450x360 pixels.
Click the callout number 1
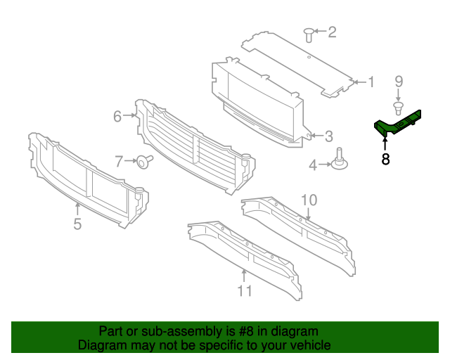[x=371, y=83]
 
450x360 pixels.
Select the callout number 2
[x=332, y=32]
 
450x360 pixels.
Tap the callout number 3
[x=328, y=136]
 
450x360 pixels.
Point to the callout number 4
[x=313, y=165]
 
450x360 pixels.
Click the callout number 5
[x=77, y=224]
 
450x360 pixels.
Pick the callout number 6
[x=118, y=116]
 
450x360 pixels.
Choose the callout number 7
[x=120, y=161]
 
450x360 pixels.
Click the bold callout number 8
[x=385, y=160]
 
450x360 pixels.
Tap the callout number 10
[x=309, y=200]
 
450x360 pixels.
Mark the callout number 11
[x=244, y=290]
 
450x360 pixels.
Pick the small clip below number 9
[x=398, y=107]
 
